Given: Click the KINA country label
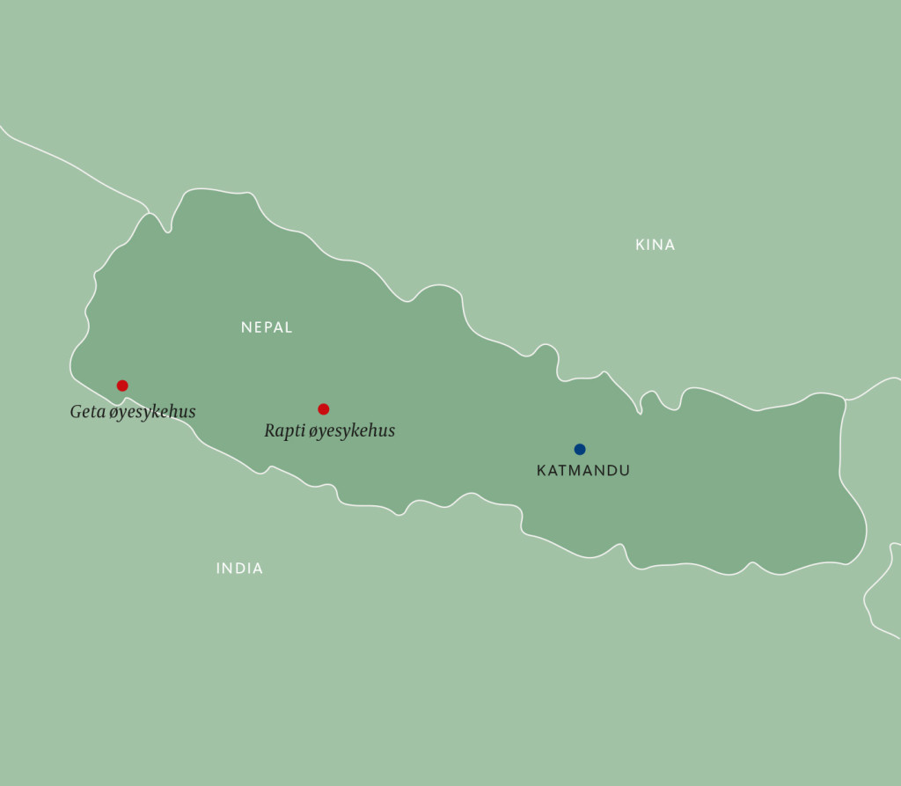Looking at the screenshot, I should (655, 245).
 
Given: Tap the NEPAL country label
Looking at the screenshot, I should (267, 327).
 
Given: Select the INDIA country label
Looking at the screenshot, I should (239, 569).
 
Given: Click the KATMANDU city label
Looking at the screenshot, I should (583, 471).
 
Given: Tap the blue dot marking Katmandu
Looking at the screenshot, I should (580, 449).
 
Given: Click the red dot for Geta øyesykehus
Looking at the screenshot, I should (122, 386).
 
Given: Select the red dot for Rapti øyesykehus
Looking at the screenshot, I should (324, 408).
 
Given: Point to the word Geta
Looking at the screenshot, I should (88, 411).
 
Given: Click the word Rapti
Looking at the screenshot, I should (284, 431).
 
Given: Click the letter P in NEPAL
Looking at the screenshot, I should (267, 327).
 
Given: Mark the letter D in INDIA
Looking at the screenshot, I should (239, 569).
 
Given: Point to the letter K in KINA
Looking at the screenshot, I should (641, 245).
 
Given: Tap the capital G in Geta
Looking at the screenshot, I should (77, 411).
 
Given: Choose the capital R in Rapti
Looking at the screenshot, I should (270, 430).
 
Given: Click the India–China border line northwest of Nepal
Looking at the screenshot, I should (70, 163).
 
